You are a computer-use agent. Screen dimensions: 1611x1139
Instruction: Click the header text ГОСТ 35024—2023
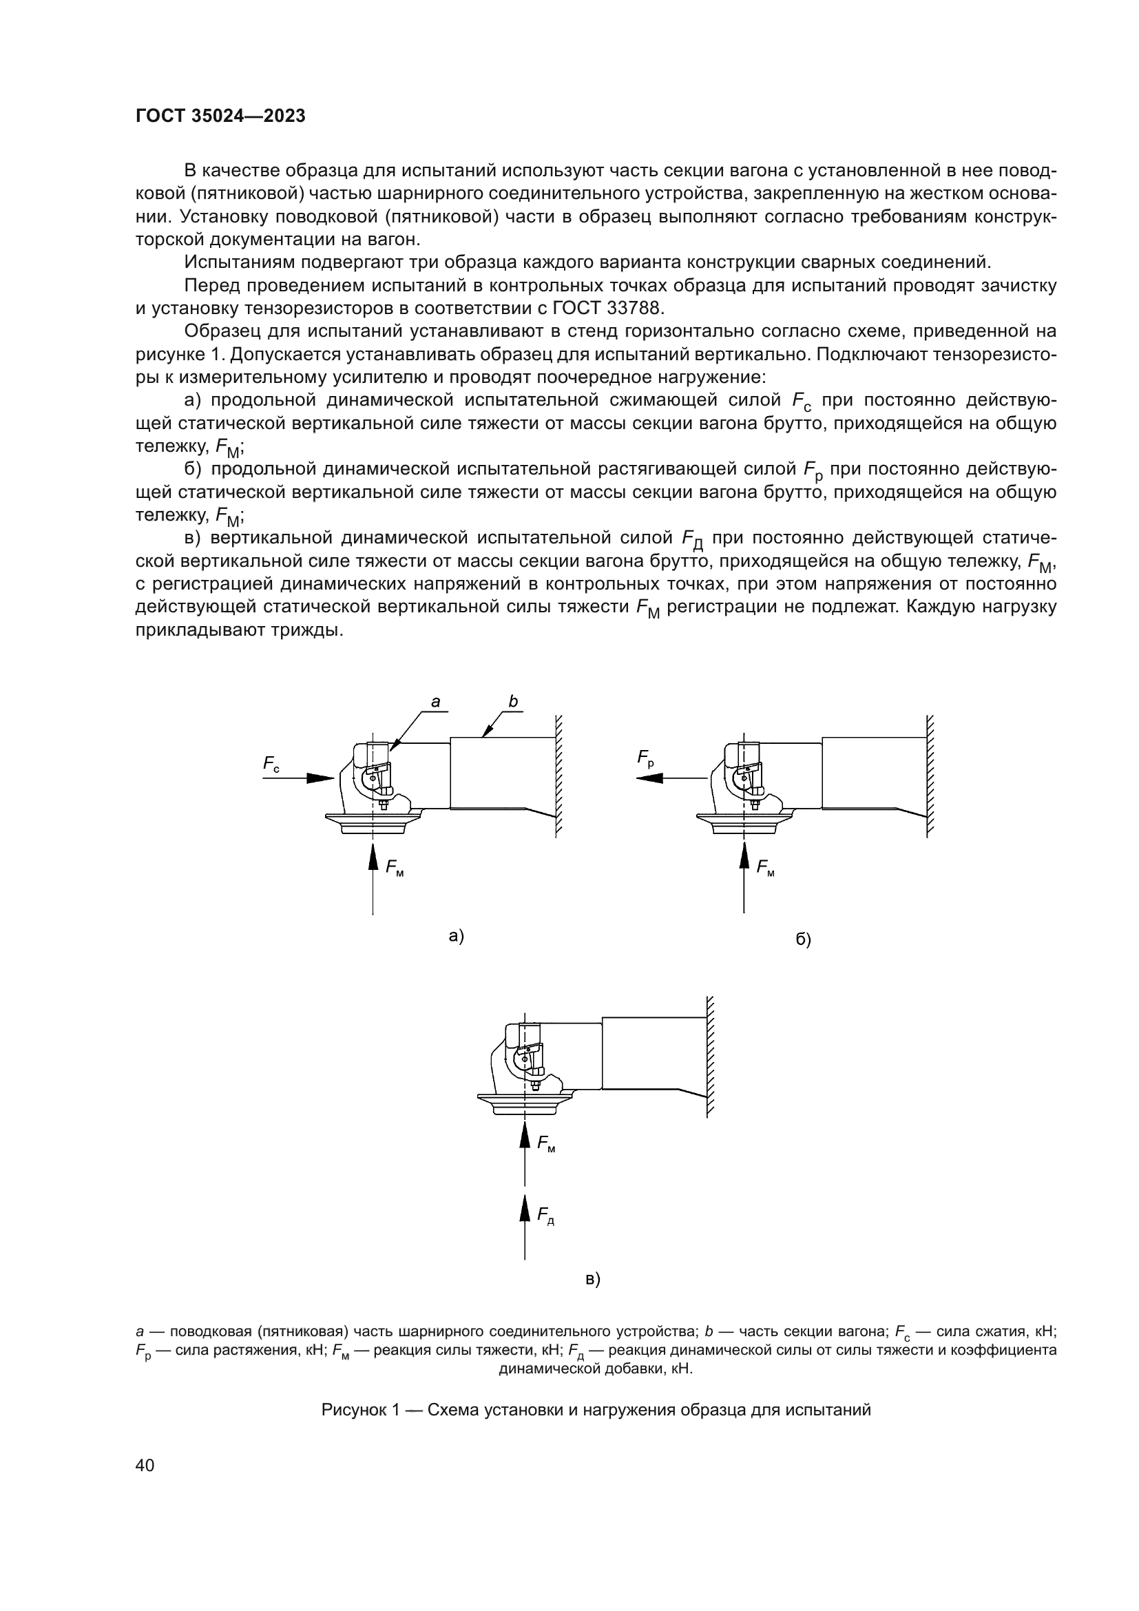pos(220,116)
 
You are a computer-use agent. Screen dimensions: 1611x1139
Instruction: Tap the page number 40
pos(145,1465)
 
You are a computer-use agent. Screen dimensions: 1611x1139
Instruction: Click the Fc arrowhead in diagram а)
pos(321,778)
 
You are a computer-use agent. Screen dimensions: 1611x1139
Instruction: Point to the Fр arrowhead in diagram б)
pos(649,778)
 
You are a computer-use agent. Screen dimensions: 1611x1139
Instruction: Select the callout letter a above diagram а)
pos(435,702)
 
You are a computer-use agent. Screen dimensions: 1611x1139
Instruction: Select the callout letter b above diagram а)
pos(513,701)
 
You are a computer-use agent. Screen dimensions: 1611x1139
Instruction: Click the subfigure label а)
pos(457,936)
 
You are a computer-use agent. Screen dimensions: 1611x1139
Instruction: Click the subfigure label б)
pos(803,939)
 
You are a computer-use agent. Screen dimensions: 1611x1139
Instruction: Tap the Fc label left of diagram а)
pos(271,764)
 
